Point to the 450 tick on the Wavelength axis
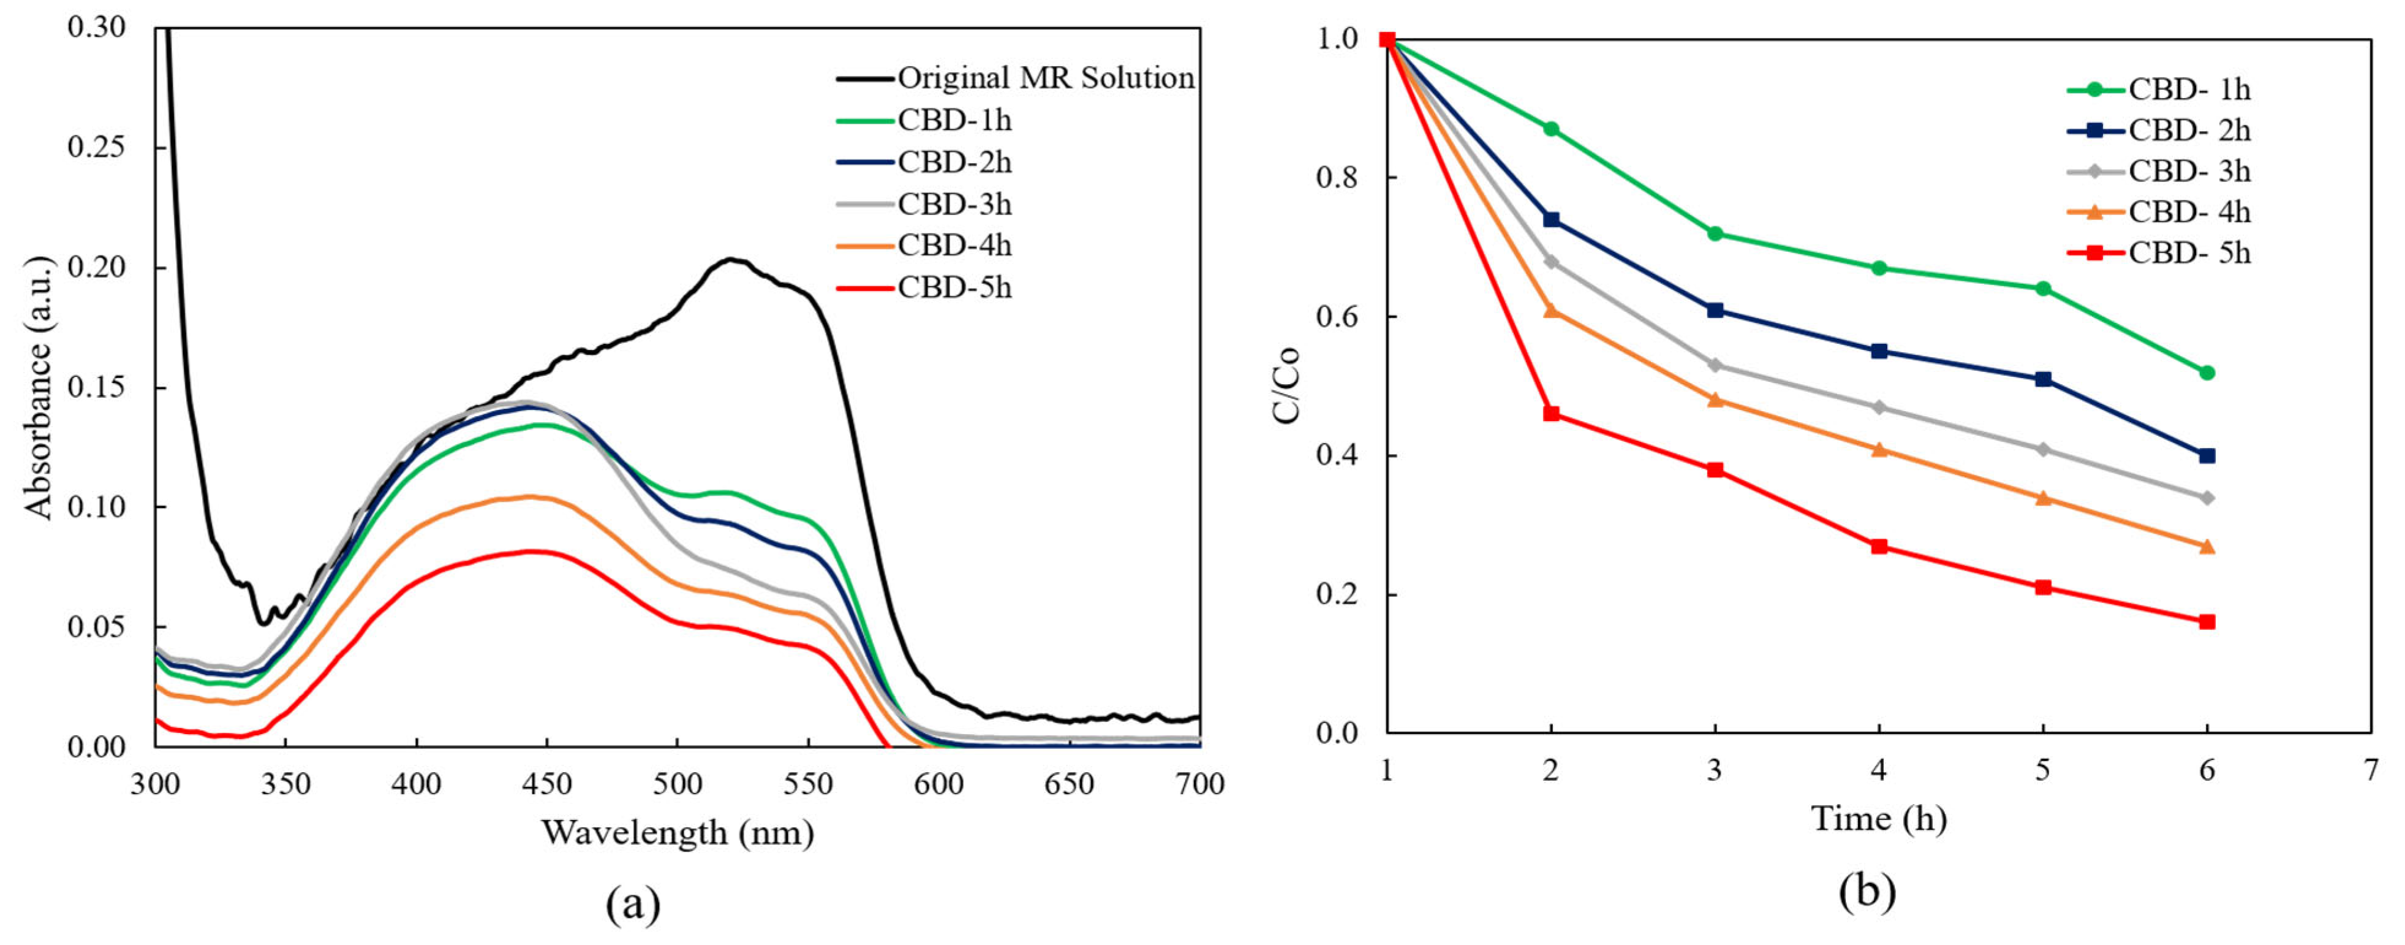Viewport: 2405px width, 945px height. coord(546,784)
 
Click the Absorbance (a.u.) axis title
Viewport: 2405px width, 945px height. coord(39,387)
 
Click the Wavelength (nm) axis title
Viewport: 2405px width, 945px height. coord(678,832)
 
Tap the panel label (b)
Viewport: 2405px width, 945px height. coord(1867,891)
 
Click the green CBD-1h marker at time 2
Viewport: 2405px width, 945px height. coord(1550,129)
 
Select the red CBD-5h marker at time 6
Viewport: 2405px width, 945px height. coord(2207,622)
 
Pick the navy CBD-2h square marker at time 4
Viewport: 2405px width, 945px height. coord(1879,351)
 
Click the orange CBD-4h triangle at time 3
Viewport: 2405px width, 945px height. coord(1715,400)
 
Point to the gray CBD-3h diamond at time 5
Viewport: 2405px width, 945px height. coord(2043,449)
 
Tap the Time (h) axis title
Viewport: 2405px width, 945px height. coord(1878,819)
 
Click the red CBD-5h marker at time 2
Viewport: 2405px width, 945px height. coord(1550,414)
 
